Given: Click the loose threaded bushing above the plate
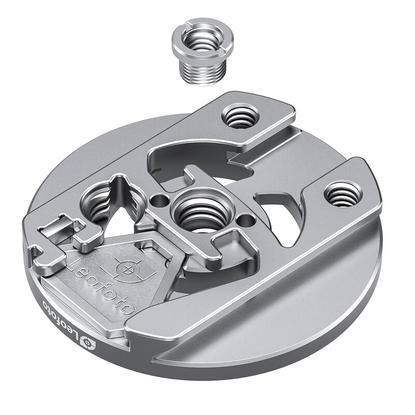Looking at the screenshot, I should pyautogui.click(x=202, y=54).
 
